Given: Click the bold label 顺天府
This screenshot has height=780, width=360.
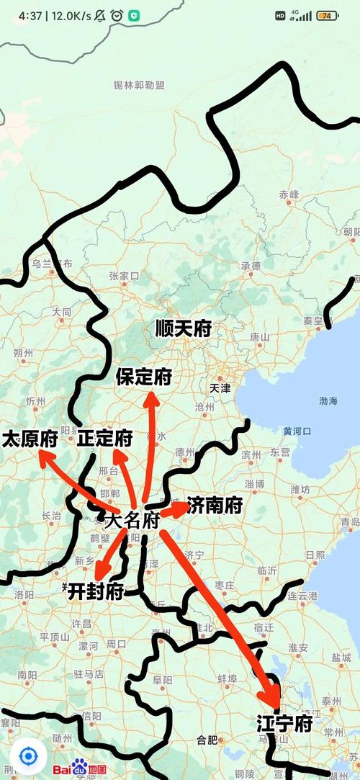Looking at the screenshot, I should [x=184, y=329].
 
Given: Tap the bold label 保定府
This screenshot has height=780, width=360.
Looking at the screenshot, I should [x=144, y=376].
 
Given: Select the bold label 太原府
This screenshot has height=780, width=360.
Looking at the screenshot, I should [x=30, y=439].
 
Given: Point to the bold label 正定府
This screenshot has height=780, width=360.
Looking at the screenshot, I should [x=106, y=438].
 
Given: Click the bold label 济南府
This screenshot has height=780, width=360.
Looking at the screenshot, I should [x=215, y=506].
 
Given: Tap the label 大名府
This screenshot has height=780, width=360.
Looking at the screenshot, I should [x=131, y=521].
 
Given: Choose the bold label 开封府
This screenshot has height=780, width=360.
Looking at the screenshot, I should [x=96, y=591].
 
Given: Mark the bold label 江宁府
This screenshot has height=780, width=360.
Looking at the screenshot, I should [x=284, y=724].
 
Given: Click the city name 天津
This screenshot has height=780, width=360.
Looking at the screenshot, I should [x=220, y=387].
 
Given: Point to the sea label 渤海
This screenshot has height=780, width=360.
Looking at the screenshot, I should [x=327, y=400].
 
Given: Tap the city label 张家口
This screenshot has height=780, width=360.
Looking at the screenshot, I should [x=124, y=276].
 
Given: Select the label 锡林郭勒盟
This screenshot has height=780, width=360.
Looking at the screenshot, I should [x=139, y=86].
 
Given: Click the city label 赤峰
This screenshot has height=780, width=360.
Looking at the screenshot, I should [x=289, y=194].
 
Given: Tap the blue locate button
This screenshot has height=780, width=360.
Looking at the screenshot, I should [x=28, y=756].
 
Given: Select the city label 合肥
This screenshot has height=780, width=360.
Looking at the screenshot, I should [x=207, y=740].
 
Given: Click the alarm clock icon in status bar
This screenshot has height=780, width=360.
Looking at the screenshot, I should [x=116, y=15].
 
